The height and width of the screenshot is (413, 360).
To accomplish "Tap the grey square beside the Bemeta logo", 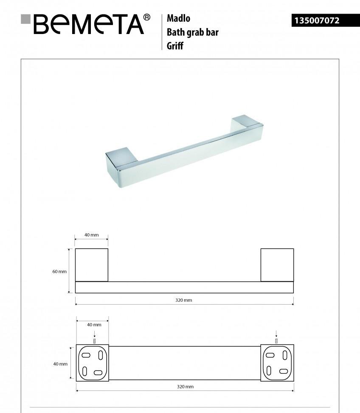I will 26,19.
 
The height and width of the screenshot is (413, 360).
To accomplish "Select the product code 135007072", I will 317,20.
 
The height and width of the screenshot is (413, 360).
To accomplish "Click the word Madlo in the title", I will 178,18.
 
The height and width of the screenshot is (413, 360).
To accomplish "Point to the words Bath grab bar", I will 192,32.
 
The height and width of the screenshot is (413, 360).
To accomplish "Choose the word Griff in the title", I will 175,45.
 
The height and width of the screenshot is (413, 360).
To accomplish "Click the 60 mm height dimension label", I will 59,272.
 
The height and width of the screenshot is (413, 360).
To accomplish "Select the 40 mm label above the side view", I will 91,235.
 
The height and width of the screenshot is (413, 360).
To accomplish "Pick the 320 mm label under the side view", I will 184,300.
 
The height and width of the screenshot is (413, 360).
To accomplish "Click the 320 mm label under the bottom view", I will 185,387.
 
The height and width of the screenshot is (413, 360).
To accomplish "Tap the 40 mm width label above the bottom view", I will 94,325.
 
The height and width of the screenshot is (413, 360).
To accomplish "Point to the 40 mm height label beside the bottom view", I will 60,364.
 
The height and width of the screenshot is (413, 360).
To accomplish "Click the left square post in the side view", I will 92,265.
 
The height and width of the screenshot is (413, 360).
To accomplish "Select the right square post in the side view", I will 277,265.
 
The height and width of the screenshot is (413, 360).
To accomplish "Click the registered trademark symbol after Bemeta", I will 146,17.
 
